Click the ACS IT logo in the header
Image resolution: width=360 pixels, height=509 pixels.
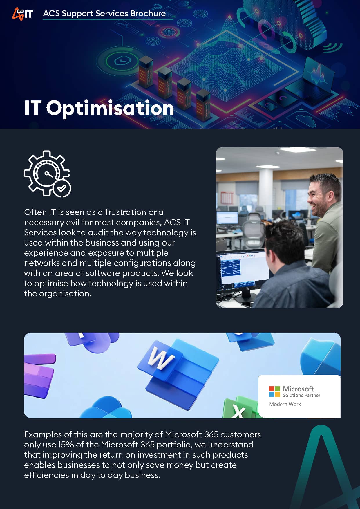coord(23,14)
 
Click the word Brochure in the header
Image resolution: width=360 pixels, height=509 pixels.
coord(148,13)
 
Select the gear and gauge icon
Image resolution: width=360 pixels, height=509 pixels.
coord(47,174)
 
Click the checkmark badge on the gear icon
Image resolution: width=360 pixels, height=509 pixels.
coord(61,188)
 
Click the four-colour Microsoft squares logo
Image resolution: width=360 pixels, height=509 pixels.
coord(274,391)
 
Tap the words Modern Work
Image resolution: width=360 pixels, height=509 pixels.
coord(285,404)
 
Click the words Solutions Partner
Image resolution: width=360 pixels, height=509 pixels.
coord(301,395)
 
